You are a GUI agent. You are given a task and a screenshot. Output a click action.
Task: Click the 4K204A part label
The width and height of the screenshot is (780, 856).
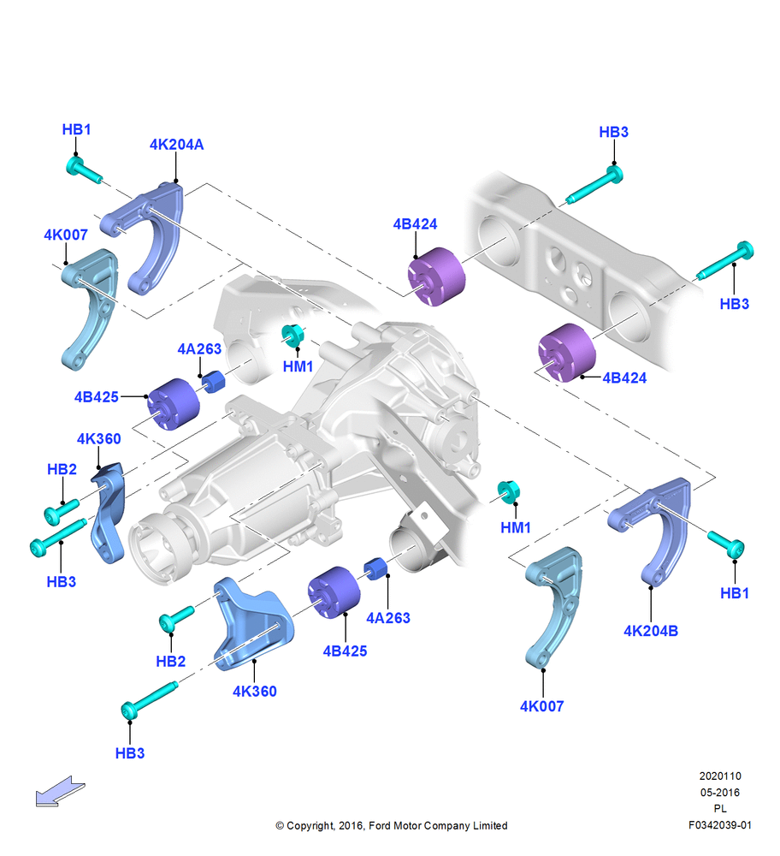176,145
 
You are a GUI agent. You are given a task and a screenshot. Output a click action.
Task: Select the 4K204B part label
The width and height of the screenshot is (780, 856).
651,631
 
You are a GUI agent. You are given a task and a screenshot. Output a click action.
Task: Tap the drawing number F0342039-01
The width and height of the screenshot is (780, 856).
719,825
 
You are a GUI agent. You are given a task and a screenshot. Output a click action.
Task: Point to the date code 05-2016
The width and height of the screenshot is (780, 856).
720,792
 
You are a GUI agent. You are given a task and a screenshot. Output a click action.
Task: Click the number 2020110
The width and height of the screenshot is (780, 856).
720,776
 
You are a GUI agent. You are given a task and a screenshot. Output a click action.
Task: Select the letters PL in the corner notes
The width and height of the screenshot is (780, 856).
720,809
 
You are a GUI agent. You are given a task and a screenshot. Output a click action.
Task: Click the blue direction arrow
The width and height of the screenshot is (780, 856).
60,791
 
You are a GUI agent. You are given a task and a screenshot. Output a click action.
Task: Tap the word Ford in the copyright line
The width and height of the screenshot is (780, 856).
380,825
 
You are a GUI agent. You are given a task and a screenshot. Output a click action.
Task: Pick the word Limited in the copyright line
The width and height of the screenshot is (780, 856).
488,825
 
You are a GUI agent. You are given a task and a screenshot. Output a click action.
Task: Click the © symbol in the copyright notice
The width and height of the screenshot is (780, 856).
280,826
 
